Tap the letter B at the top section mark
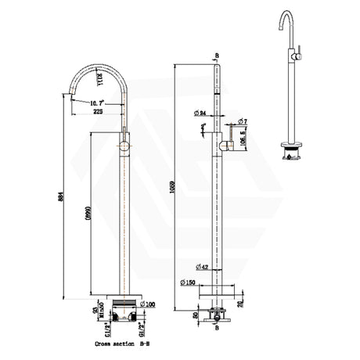click(x=217, y=57)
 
